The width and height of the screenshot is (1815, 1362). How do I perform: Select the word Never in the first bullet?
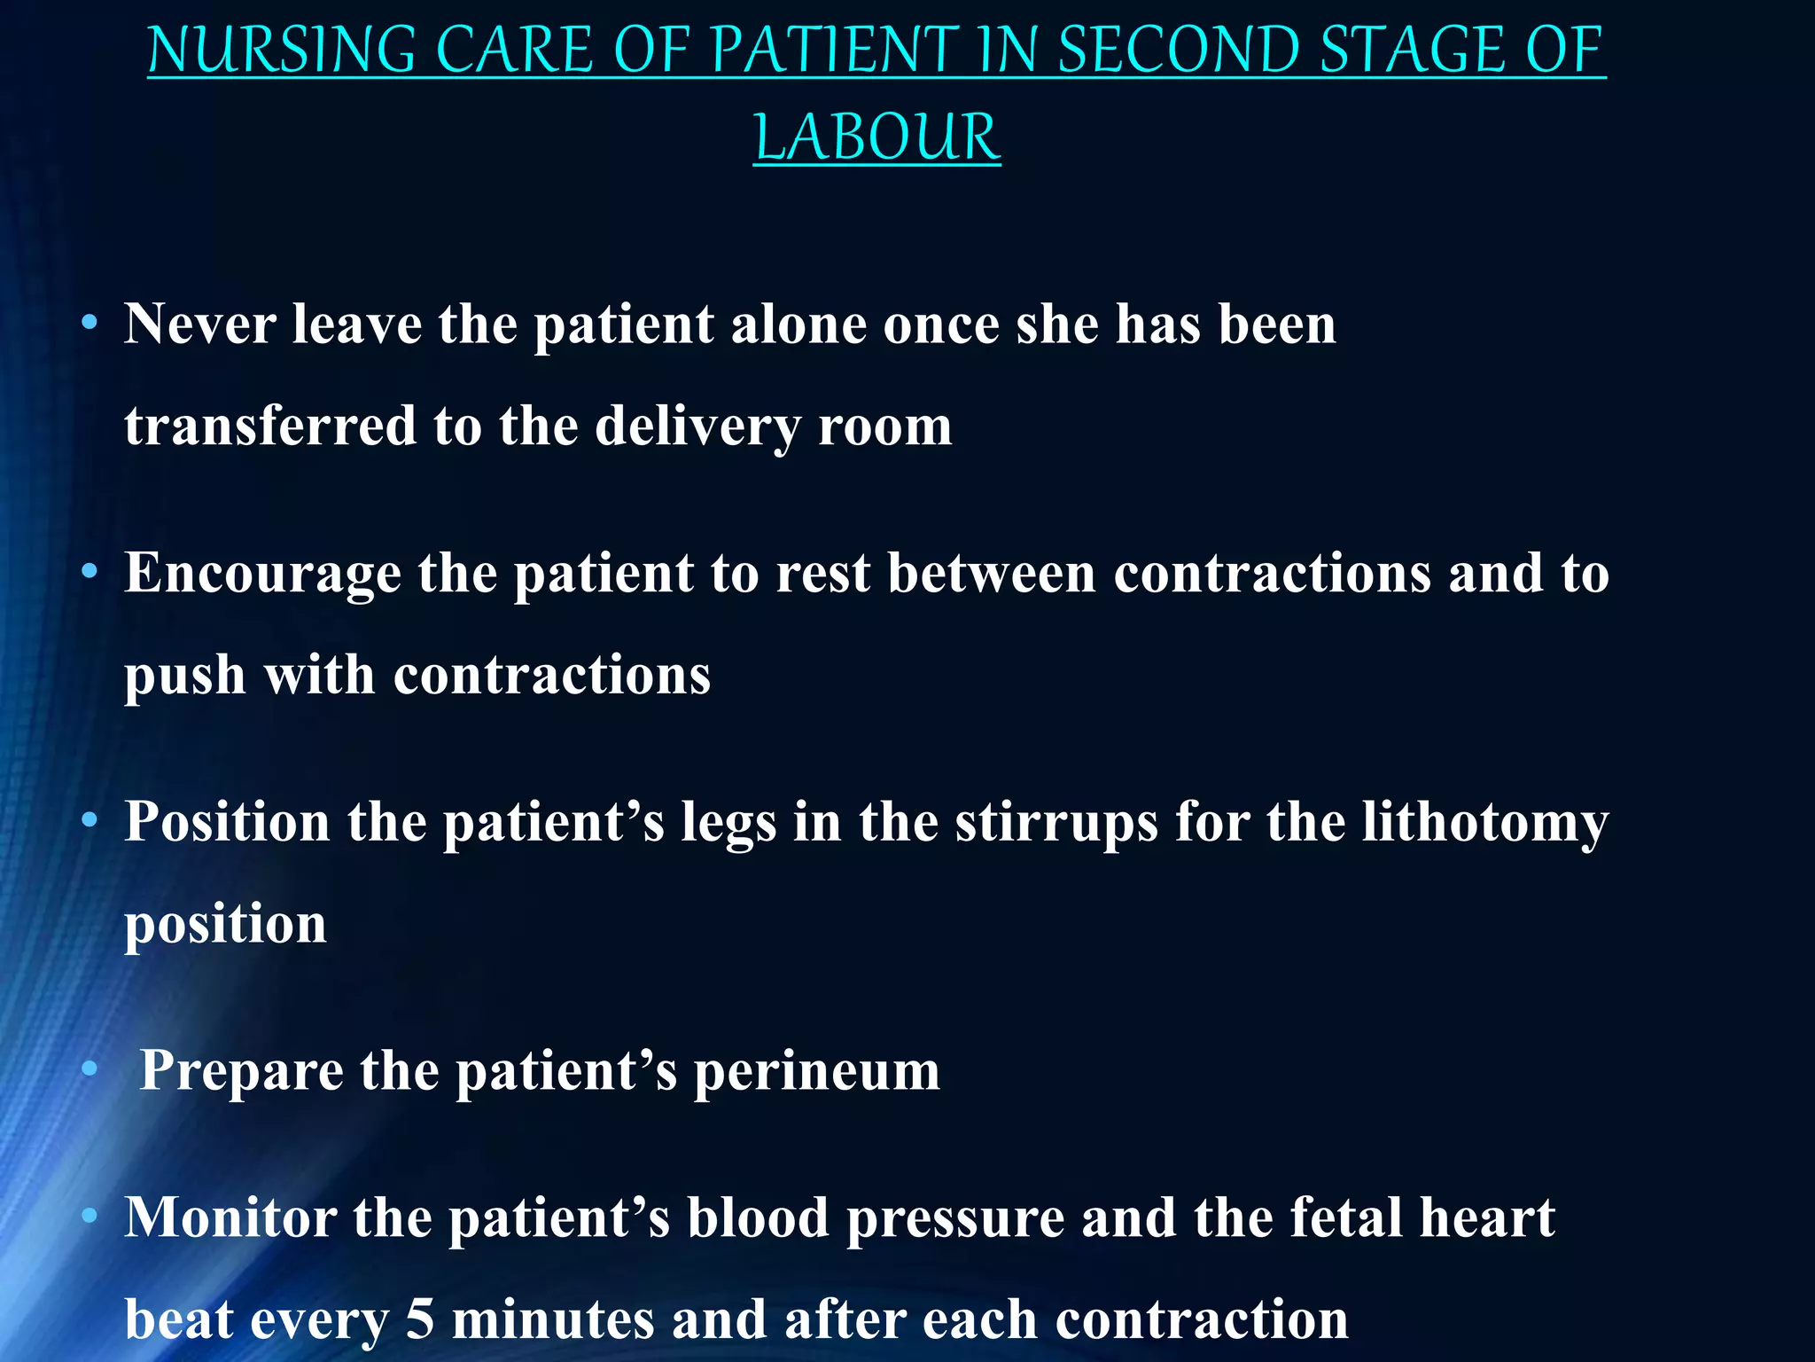(199, 325)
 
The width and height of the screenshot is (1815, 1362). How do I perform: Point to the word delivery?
(697, 427)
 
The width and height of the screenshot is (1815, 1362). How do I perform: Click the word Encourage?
(262, 574)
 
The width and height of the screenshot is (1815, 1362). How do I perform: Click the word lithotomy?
(1484, 822)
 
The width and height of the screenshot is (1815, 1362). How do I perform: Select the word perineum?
(816, 1070)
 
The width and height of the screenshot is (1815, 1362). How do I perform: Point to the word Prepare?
(241, 1070)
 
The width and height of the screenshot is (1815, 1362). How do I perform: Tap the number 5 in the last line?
(420, 1319)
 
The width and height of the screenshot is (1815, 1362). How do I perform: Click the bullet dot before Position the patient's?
(89, 820)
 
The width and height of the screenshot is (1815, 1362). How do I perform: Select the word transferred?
(270, 427)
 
